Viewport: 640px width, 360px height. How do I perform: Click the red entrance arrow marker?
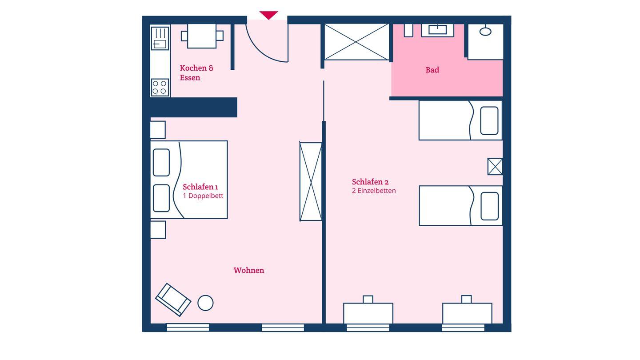(268, 15)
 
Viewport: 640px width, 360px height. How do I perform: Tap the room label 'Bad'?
(432, 70)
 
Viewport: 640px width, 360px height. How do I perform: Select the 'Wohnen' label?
(249, 270)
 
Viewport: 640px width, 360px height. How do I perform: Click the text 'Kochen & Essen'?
(196, 73)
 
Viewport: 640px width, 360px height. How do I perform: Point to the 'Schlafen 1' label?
(200, 187)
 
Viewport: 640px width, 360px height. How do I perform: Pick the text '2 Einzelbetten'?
(374, 191)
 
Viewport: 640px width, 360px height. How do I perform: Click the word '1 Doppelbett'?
(203, 196)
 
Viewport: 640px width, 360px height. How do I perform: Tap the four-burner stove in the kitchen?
(160, 88)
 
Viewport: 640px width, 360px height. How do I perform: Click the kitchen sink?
(160, 38)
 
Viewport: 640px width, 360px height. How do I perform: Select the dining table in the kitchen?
(202, 36)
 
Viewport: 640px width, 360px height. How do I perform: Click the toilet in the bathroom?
(485, 31)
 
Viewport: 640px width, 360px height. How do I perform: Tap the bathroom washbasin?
(438, 30)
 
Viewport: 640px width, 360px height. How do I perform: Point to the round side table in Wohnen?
(205, 303)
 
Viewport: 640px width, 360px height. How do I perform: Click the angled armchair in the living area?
(173, 300)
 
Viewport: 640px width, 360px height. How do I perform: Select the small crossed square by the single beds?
(495, 167)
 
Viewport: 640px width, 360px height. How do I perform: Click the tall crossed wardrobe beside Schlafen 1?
(311, 181)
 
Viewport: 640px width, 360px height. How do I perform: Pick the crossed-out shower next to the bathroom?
(356, 42)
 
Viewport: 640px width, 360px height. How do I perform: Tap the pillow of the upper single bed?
(489, 120)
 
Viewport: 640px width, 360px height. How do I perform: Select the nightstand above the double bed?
(158, 130)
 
